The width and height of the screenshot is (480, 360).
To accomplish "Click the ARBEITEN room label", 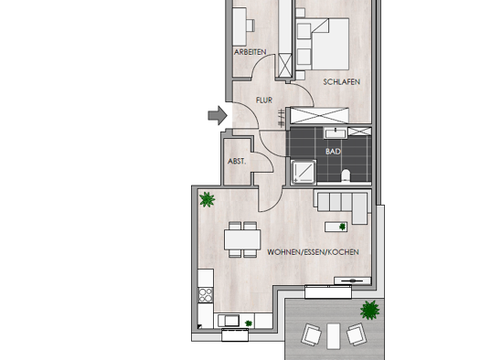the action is pos(251,52).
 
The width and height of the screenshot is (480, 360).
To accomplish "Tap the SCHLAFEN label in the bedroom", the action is pos(342,81).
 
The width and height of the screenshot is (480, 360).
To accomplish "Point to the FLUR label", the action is pos(264,100).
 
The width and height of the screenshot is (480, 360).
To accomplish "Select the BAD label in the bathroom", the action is pos(333,151).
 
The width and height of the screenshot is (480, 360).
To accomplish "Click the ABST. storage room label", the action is pos(237,161).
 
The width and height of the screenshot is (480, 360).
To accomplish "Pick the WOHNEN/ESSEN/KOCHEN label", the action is pos(313,252).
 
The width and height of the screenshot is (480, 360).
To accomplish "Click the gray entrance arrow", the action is pos(218,115).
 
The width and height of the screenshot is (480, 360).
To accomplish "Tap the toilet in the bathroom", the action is pos(346,175).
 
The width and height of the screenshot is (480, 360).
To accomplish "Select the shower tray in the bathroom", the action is pos(304,172).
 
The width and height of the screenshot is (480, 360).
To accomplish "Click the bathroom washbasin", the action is pos(336,133).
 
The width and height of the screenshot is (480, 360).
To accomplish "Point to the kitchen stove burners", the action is pos(206,295).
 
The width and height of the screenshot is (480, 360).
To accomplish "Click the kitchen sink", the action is pos(229,321).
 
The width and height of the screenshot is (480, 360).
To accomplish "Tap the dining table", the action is pos(242,239).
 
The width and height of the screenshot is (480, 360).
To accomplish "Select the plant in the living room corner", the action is pos(207,199).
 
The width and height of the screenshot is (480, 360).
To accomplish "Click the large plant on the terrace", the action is pos(369,310).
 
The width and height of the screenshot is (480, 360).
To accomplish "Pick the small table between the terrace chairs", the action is pos(334,336).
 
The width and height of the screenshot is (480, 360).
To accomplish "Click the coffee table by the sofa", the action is pos(336,227).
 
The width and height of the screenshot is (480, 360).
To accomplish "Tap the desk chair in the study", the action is pos(251,26).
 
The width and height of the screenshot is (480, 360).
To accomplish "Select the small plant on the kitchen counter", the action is pos(249,323).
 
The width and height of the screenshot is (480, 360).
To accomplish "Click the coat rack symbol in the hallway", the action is pos(281,118).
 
